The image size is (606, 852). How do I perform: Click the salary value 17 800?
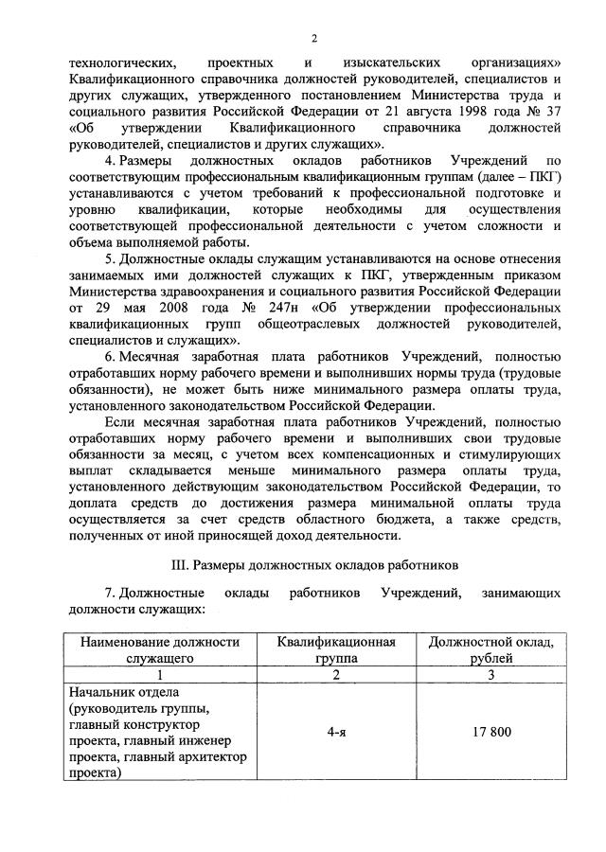coord(490,733)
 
